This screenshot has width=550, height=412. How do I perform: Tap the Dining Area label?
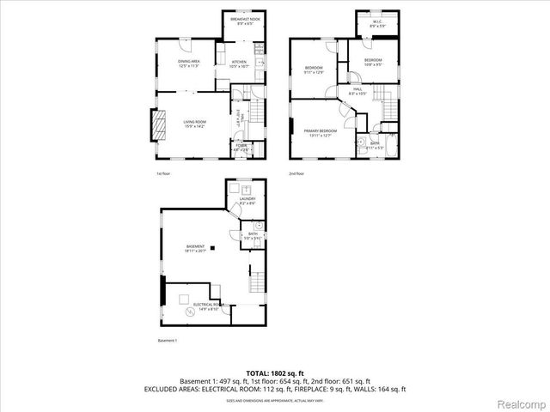click(189, 63)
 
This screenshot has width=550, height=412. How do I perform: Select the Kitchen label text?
click(239, 64)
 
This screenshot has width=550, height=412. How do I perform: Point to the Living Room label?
click(194, 124)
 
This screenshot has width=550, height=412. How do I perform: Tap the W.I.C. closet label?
click(378, 24)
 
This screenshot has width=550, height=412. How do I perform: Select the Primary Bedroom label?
click(317, 132)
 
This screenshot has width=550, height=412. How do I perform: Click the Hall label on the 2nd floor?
click(357, 90)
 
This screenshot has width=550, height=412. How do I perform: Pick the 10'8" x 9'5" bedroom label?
click(372, 62)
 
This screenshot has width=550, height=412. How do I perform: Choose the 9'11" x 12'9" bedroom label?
click(314, 70)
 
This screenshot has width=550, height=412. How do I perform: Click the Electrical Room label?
click(208, 305)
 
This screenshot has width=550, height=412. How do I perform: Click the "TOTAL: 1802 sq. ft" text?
click(274, 373)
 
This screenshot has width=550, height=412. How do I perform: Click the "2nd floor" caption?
click(296, 173)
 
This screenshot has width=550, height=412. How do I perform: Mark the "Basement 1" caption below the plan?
click(167, 341)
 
